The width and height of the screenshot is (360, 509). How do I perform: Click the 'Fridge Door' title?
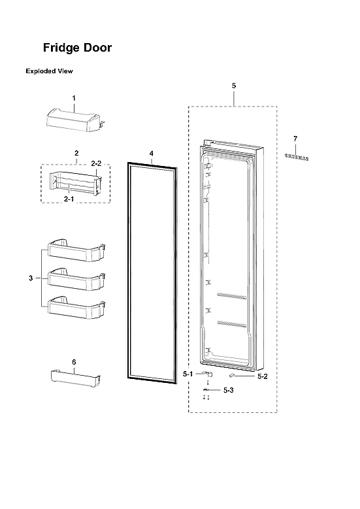click(77, 48)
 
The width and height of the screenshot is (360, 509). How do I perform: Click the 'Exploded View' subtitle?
click(49, 71)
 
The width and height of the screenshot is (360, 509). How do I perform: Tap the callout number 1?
click(74, 98)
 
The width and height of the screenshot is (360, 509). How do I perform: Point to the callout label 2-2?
click(95, 163)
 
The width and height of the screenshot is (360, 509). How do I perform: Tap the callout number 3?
click(30, 279)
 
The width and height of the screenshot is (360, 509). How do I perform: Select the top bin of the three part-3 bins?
click(73, 252)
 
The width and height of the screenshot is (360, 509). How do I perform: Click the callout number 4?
click(151, 154)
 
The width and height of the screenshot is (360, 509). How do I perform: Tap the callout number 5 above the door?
click(233, 86)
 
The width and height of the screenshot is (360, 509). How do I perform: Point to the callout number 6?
click(74, 362)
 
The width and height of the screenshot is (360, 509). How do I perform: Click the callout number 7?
click(295, 139)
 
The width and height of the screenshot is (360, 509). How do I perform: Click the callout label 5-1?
click(188, 374)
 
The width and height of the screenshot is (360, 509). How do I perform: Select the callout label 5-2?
click(263, 376)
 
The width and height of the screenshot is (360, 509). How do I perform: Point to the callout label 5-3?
click(228, 390)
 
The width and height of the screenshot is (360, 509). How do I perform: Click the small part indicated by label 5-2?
click(233, 376)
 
